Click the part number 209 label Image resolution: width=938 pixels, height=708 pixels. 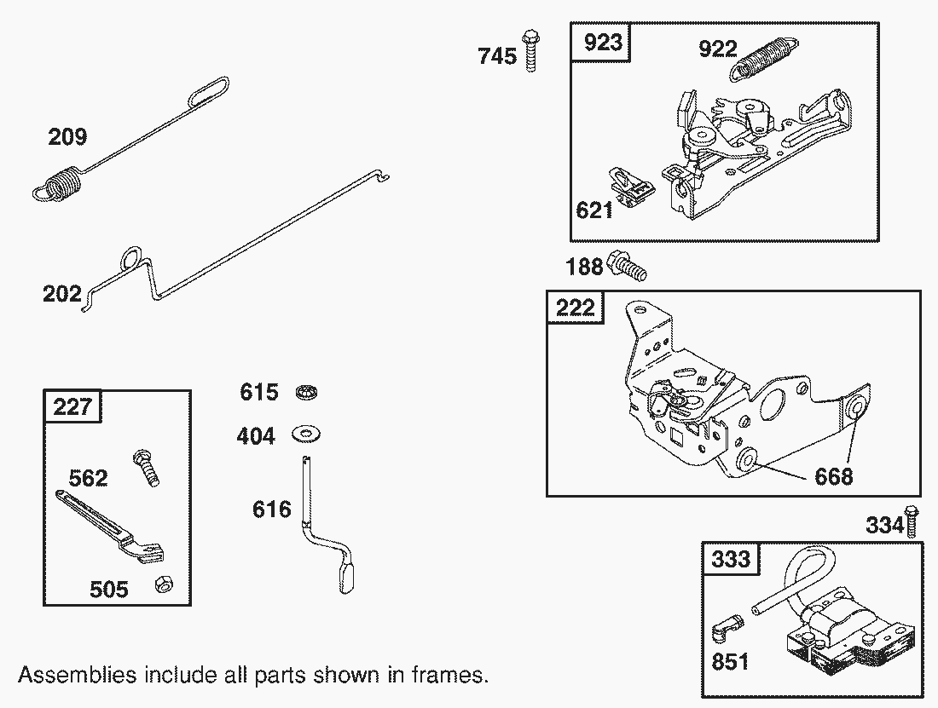click(67, 137)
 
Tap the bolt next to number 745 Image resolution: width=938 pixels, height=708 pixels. click(530, 50)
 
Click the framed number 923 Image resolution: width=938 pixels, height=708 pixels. click(603, 43)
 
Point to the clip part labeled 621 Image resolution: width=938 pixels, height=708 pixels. click(632, 187)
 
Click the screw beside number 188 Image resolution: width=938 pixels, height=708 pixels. click(627, 266)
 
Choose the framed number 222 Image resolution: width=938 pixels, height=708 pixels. click(576, 308)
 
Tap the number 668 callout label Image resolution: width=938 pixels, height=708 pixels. click(834, 477)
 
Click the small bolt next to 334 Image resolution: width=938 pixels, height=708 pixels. click(911, 521)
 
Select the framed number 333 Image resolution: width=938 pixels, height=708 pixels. click(731, 559)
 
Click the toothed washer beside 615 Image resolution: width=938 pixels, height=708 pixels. click(307, 393)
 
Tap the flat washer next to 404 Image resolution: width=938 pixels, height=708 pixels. click(305, 434)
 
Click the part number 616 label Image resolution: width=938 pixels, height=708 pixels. click(271, 509)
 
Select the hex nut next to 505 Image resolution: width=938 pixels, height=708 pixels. click(164, 584)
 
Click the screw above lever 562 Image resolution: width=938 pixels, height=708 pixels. click(146, 468)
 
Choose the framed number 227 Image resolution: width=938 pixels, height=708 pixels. click(72, 407)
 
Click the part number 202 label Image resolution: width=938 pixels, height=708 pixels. click(62, 294)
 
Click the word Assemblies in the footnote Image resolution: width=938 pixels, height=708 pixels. click(77, 675)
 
